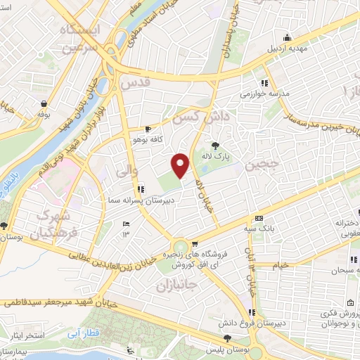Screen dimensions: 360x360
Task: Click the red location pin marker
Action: pyautogui.click(x=181, y=165)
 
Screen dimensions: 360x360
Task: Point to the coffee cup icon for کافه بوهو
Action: pyautogui.click(x=148, y=129)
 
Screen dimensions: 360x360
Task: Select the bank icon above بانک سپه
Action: pyautogui.click(x=259, y=218)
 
